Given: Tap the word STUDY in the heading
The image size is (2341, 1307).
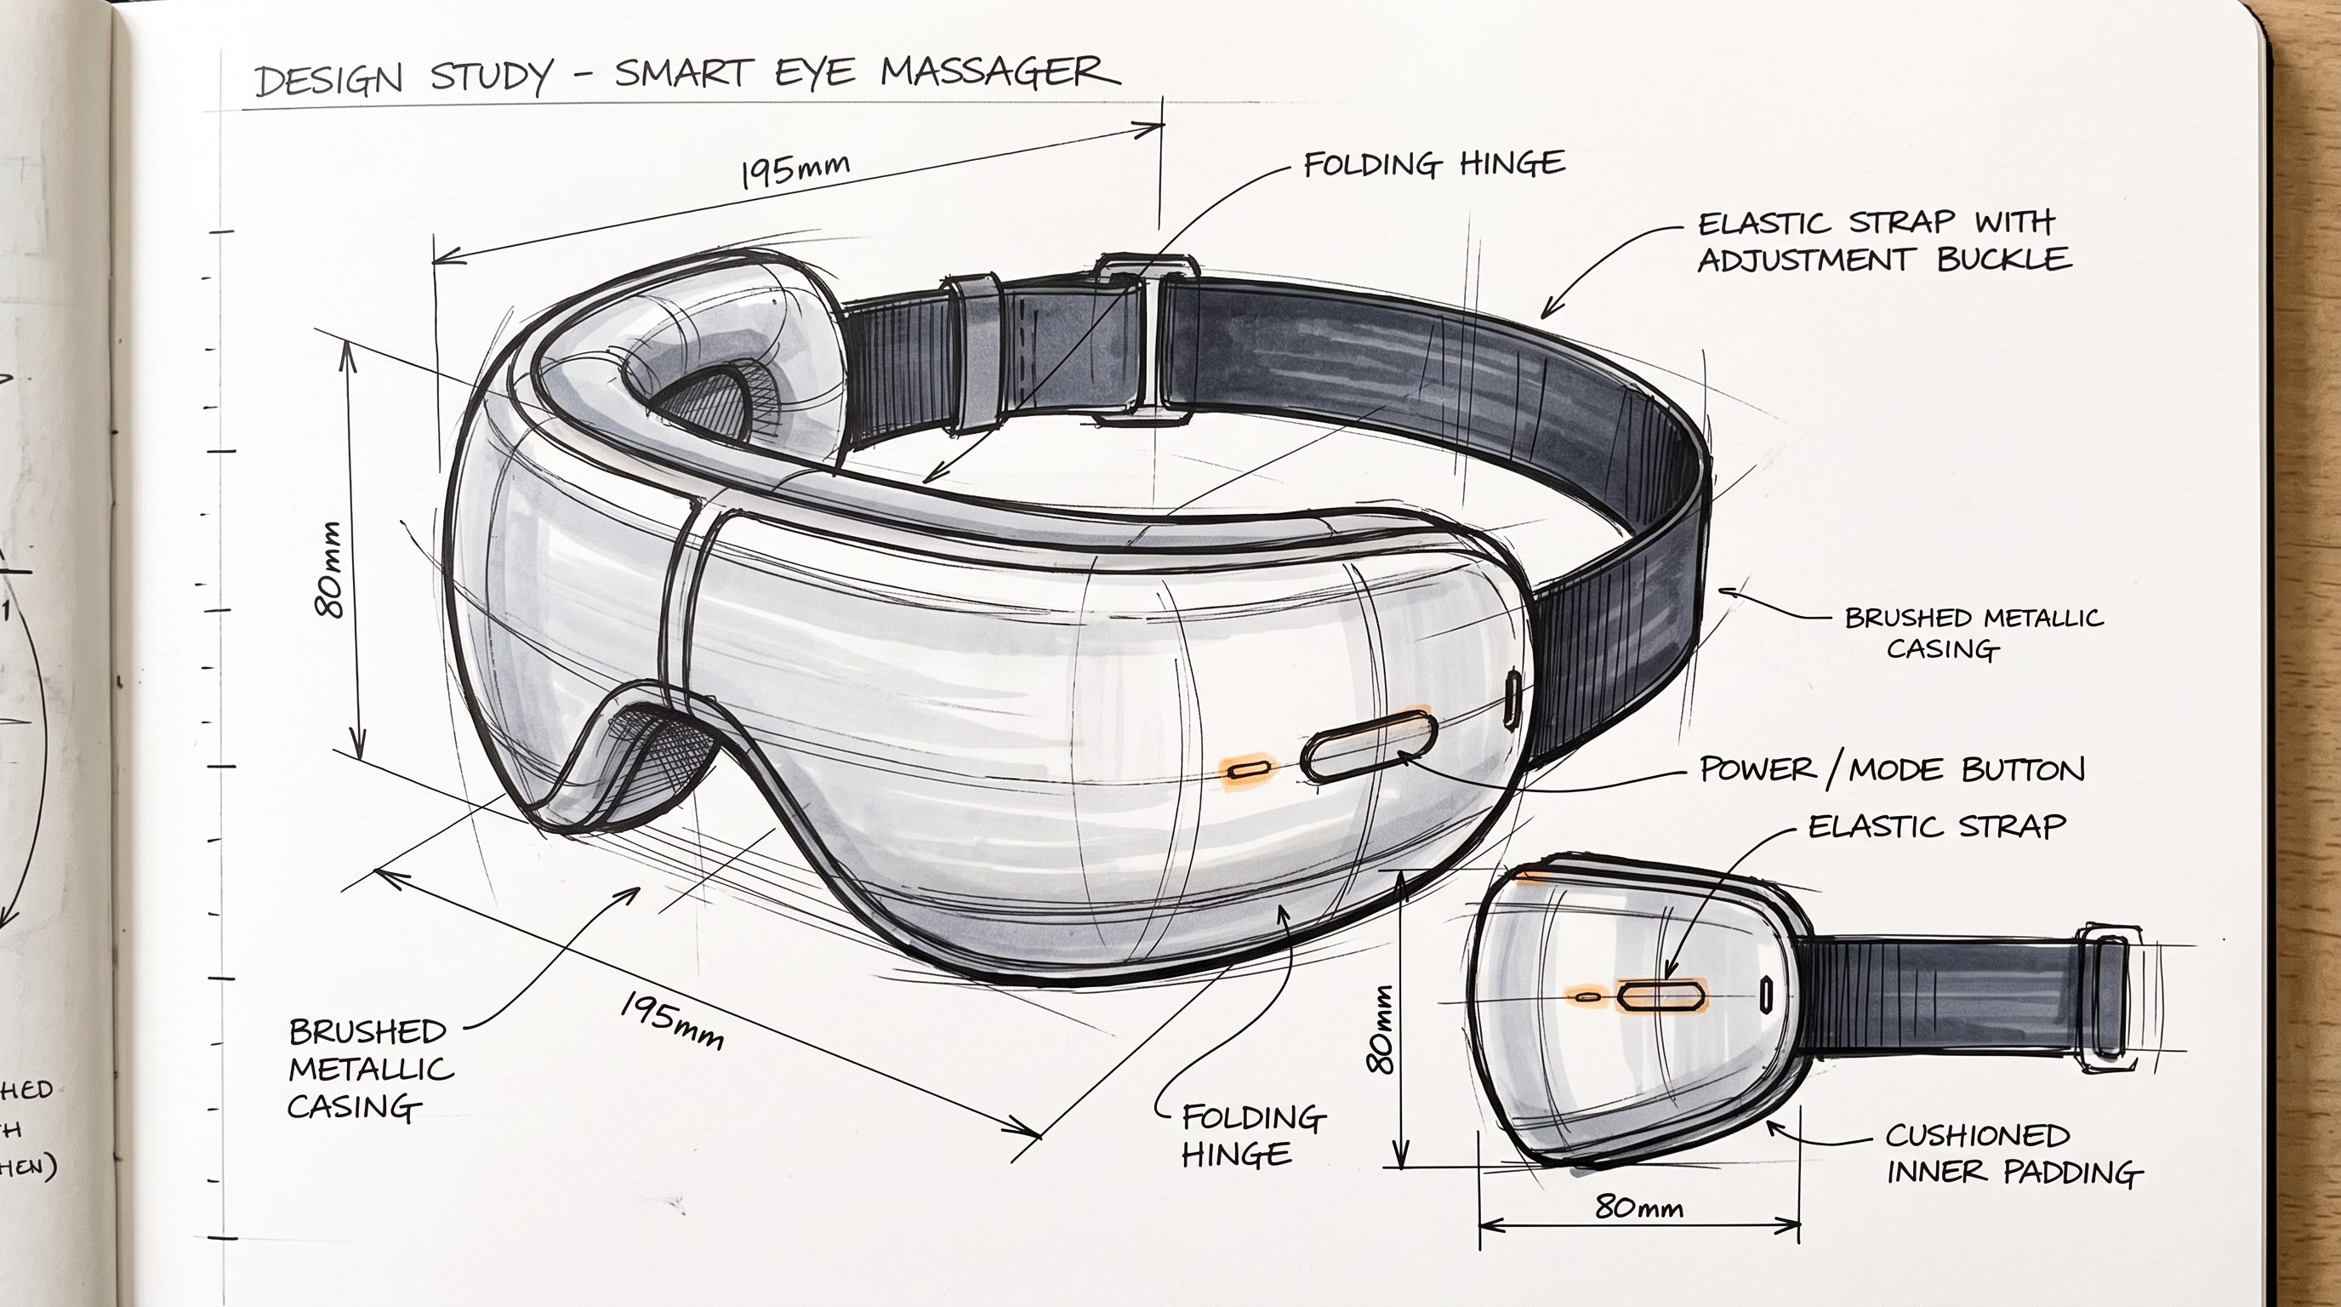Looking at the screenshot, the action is tap(492, 77).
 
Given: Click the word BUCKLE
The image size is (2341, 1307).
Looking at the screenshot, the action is tap(2005, 259).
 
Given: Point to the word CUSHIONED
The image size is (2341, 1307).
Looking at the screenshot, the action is tap(1978, 1135).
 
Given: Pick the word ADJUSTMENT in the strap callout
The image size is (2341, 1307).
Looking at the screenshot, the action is tap(1803, 261).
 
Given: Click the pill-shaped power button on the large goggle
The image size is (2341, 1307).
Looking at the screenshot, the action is tap(1370, 747).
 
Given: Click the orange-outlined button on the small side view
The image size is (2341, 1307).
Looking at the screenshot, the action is tap(1660, 995).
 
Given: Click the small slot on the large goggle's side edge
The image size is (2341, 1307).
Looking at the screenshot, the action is tap(1512, 698).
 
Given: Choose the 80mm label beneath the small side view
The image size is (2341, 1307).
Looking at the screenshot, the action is tap(1638, 1207).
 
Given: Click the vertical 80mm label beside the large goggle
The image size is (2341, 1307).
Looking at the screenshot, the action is tap(330, 570).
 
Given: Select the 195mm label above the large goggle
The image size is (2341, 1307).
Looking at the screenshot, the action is tap(795, 170).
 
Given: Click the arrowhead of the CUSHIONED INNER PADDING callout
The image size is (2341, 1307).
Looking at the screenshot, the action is tap(1774, 1127).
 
